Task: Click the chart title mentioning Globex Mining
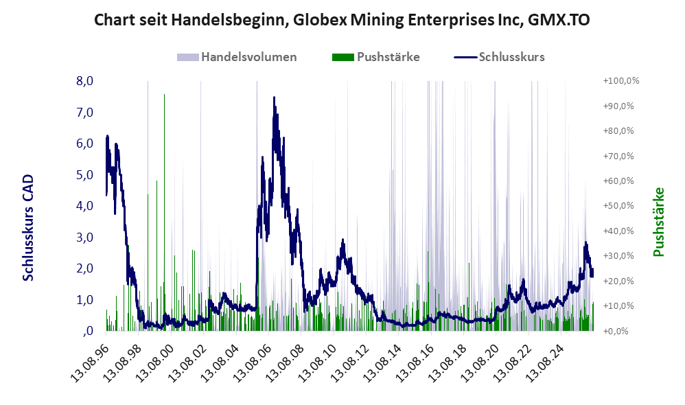click(x=342, y=20)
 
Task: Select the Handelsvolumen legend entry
click(x=237, y=57)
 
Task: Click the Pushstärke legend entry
click(x=375, y=57)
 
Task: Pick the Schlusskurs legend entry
click(x=499, y=57)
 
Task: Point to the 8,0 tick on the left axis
click(x=84, y=81)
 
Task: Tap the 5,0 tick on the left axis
click(x=84, y=175)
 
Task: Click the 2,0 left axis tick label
click(x=84, y=268)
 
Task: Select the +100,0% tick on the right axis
click(x=620, y=81)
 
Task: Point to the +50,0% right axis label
click(x=618, y=206)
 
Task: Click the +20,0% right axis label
click(x=618, y=281)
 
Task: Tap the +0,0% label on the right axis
click(x=616, y=331)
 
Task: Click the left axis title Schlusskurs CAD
click(x=28, y=228)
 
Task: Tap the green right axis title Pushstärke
click(x=659, y=222)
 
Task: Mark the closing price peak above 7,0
click(x=274, y=97)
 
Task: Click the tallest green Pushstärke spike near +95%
click(x=164, y=212)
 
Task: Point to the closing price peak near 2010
click(x=343, y=240)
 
